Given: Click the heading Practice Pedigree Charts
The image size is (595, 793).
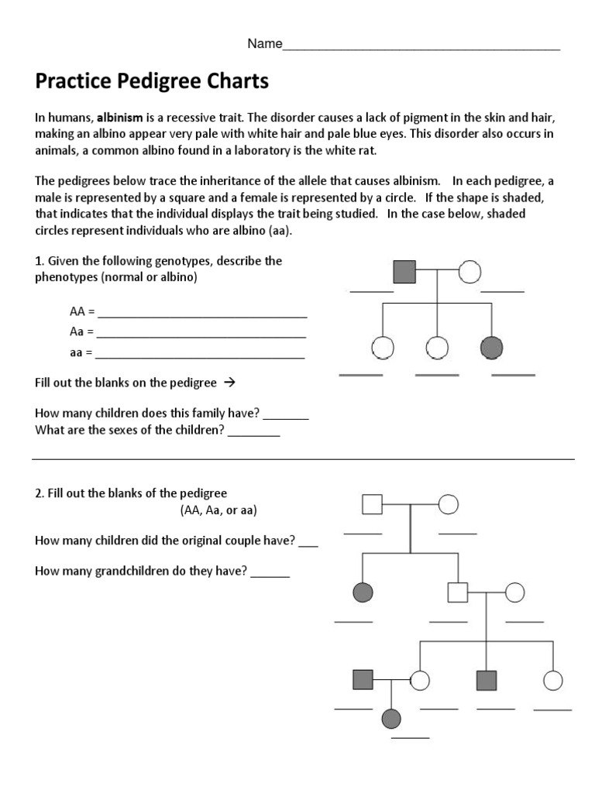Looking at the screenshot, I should click(x=152, y=81).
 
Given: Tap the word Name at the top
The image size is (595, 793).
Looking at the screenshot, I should click(x=264, y=44).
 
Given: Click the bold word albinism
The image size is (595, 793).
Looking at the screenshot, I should click(x=121, y=118).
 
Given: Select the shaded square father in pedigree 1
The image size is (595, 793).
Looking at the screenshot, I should click(x=404, y=272).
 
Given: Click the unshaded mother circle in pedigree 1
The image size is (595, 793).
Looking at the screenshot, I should click(x=469, y=272).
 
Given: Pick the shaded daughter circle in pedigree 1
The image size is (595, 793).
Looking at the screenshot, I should click(x=491, y=348).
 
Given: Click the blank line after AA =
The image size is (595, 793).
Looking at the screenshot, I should click(x=202, y=317).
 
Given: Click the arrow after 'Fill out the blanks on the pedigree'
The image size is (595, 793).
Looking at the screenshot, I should click(x=229, y=383).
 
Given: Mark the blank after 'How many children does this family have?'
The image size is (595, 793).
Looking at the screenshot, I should click(x=286, y=418).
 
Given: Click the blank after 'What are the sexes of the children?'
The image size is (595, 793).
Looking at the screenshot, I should click(x=253, y=435).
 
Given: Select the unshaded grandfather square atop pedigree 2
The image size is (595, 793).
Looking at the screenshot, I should click(x=373, y=504).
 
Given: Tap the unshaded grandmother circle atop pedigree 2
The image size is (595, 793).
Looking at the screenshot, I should click(x=449, y=504).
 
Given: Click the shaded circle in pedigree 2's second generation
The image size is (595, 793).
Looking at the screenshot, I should click(x=363, y=592).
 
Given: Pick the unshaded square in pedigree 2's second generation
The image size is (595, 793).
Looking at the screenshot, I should click(x=458, y=592).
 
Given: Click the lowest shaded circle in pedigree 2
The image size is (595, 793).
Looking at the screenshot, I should click(x=392, y=719).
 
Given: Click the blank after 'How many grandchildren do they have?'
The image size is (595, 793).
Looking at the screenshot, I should click(x=270, y=576).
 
